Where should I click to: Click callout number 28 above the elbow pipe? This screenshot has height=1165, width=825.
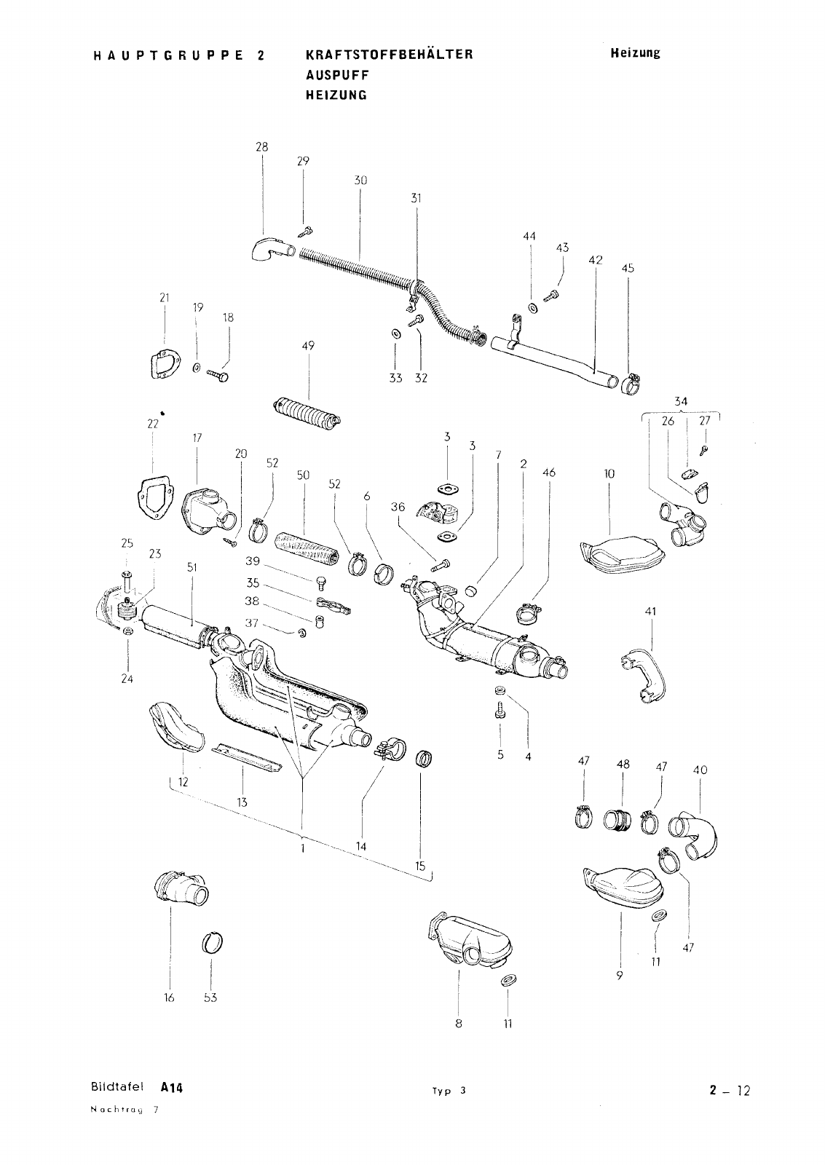[x=261, y=147]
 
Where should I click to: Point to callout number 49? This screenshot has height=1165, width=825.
[x=308, y=346]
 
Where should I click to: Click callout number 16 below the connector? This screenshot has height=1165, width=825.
[x=169, y=998]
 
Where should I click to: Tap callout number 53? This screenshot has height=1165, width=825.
[x=210, y=998]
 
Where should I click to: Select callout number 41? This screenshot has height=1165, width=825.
[x=651, y=612]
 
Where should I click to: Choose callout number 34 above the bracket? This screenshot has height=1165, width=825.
[x=681, y=401]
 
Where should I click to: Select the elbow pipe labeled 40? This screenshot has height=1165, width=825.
[x=696, y=834]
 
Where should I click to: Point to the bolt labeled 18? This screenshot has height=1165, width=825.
[x=217, y=374]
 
